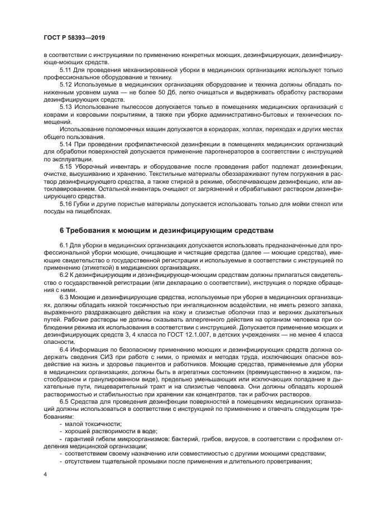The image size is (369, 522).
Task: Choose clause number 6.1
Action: [x=64, y=245]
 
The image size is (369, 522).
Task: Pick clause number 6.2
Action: [x=64, y=275]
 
